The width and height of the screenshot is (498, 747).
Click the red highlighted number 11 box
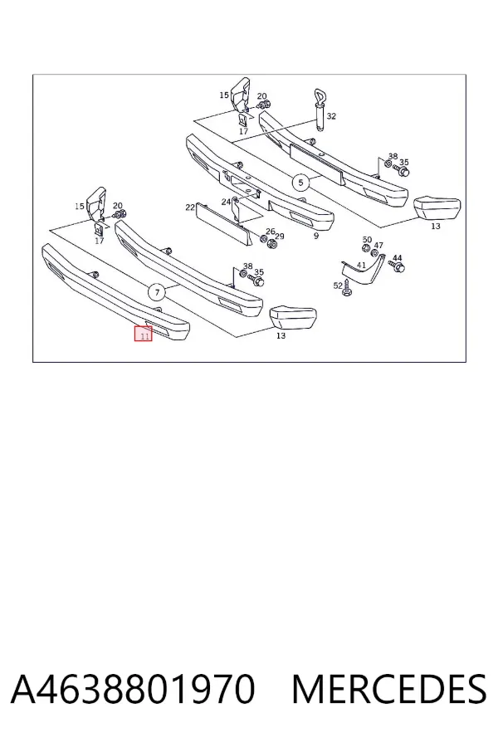143,334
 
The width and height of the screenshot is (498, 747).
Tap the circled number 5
300,182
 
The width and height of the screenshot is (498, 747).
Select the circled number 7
157,292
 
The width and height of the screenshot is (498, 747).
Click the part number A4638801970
133,689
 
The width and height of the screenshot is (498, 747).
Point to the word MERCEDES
389,689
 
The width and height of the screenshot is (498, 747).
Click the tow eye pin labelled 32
320,108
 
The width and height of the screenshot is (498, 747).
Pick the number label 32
332,116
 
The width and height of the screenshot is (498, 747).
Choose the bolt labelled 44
397,266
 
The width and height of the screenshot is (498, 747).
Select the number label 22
190,207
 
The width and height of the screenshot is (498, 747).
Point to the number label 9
316,236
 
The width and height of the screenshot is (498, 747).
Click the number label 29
279,237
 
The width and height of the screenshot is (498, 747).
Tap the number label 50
367,240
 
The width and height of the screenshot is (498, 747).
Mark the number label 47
378,246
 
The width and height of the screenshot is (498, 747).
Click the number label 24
226,202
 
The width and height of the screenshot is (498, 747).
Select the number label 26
271,232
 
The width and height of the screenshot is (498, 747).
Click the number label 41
361,266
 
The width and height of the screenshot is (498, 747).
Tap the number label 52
338,286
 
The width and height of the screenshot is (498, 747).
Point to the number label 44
397,257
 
